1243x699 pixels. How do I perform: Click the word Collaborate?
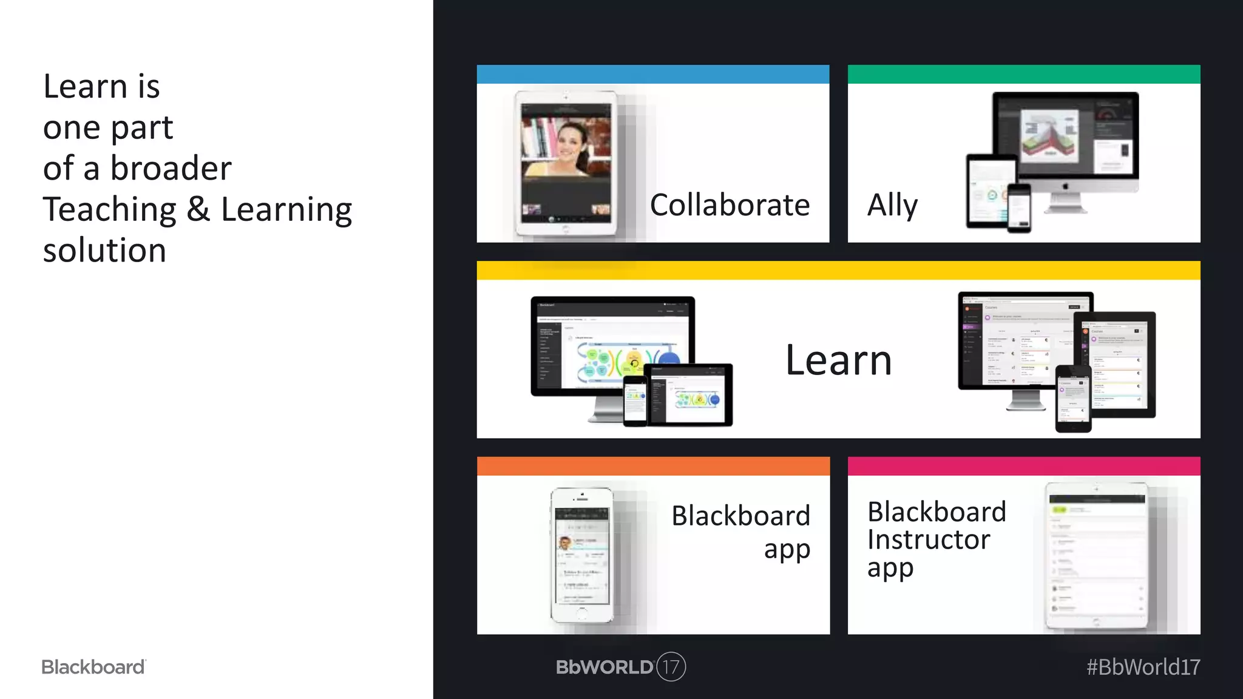(730, 205)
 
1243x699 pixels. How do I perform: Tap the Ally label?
(892, 205)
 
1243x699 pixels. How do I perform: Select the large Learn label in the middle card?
(838, 360)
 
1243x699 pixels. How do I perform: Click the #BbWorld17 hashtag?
(1143, 667)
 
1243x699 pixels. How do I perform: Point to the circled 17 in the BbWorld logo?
(671, 667)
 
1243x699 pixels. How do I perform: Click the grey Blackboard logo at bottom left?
(93, 667)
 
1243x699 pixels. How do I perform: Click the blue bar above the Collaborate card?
(652, 74)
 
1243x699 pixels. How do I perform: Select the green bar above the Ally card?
(1023, 74)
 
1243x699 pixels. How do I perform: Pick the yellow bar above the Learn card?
(838, 270)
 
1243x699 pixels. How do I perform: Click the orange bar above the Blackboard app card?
(653, 466)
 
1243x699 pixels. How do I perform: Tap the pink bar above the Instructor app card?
(1023, 466)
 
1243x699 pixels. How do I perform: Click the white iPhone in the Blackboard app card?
(581, 555)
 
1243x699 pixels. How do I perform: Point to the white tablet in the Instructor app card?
(1097, 555)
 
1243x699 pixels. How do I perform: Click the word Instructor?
(928, 539)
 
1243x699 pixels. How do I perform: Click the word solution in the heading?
(104, 251)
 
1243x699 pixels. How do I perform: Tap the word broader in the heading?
(171, 168)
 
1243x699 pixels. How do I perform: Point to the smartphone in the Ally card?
(1019, 208)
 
